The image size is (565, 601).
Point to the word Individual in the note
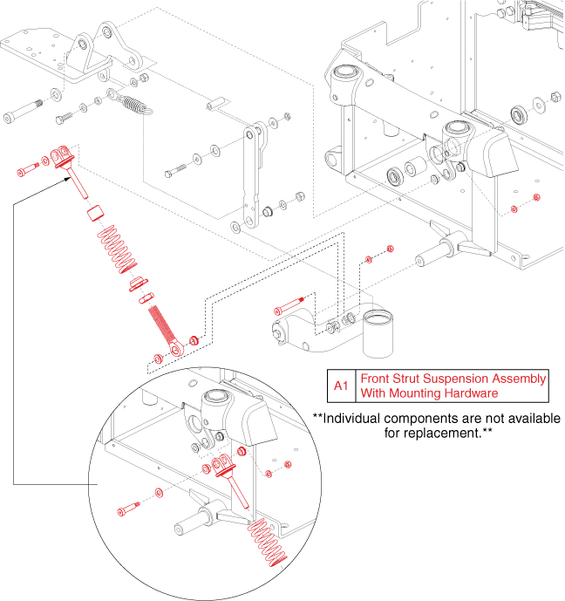(x=358, y=419)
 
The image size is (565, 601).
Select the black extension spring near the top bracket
(x=133, y=102)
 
